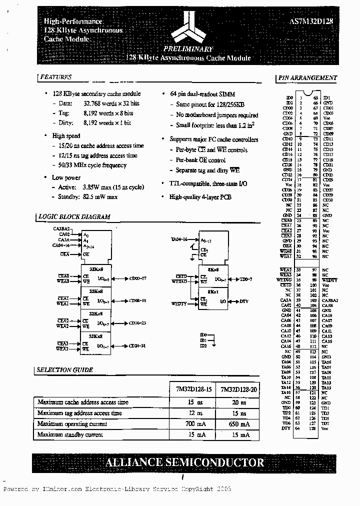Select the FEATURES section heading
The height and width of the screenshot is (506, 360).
pyautogui.click(x=55, y=77)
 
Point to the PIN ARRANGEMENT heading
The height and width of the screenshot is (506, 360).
pyautogui.click(x=307, y=78)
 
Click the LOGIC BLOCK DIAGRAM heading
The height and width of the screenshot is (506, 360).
pyautogui.click(x=74, y=217)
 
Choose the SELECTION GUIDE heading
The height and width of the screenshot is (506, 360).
pyautogui.click(x=65, y=370)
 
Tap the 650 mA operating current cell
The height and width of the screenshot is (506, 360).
pyautogui.click(x=238, y=424)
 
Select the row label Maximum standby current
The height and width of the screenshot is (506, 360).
pyautogui.click(x=70, y=435)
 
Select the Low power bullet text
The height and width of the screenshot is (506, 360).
pyautogui.click(x=66, y=177)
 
